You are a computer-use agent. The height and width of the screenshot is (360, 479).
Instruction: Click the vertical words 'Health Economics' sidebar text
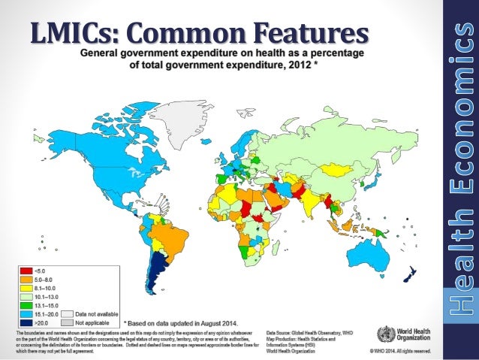462,180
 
